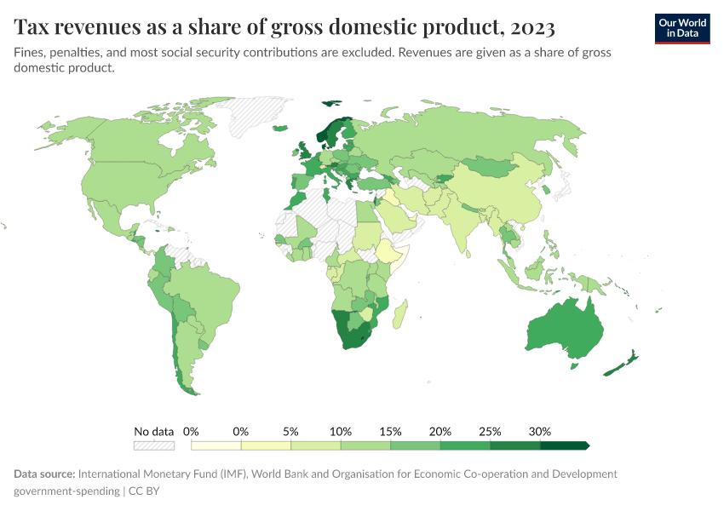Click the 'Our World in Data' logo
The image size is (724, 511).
point(681,27)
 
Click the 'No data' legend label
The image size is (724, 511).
point(154,431)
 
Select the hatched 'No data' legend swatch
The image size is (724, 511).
point(154,445)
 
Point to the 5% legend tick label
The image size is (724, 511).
point(290,431)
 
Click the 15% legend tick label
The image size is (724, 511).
point(390,431)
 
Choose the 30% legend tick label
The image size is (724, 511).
point(540,431)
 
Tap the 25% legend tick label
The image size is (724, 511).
point(490,431)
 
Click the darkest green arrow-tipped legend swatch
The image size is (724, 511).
point(564,445)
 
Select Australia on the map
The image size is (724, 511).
point(564,327)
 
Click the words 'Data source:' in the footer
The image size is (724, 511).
point(44,474)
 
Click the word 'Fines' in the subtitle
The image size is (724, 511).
point(29,53)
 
